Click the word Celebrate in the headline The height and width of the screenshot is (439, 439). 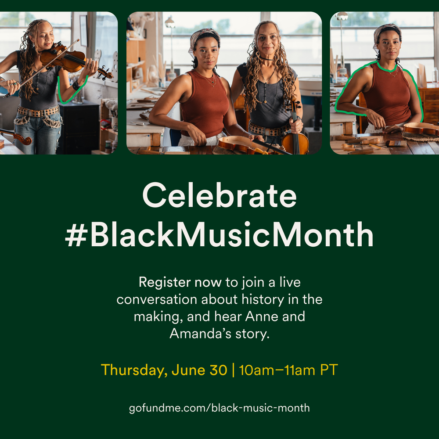click(219, 195)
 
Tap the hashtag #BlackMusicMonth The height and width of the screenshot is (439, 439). click(219, 234)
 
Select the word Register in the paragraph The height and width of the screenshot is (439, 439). click(165, 282)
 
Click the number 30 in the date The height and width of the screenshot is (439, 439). click(218, 370)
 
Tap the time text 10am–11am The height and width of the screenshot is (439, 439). click(277, 370)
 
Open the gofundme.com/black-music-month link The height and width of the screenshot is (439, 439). click(219, 408)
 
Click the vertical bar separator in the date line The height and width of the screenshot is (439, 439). click(233, 370)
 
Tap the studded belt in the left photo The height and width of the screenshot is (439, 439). click(38, 112)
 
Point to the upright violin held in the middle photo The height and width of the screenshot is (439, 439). click(295, 132)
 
